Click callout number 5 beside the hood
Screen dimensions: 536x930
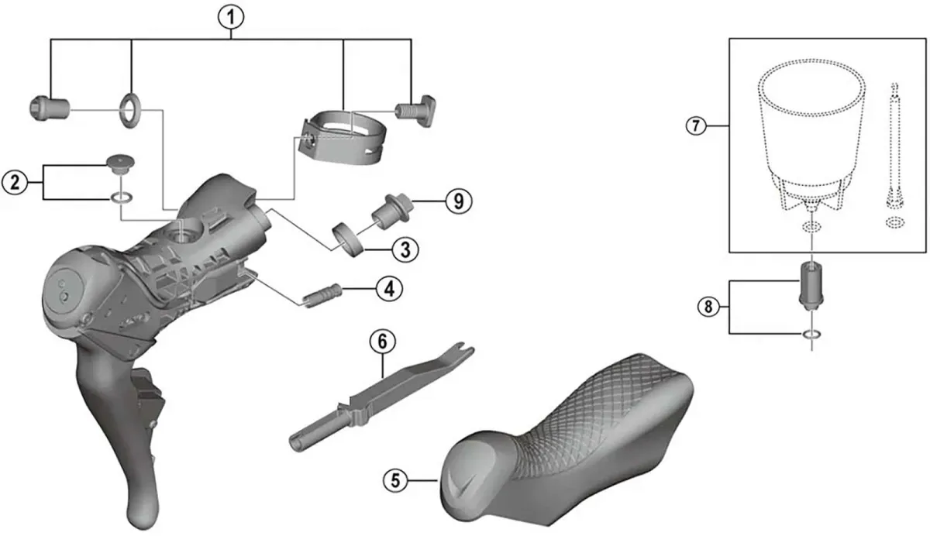click(397, 479)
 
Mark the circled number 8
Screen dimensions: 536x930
click(707, 308)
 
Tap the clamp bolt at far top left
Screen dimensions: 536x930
click(47, 108)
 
